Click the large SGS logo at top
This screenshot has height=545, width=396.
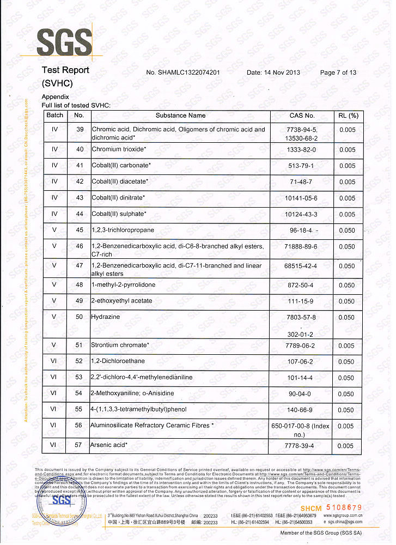[x=64, y=42]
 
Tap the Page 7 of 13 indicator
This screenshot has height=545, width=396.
[x=338, y=72]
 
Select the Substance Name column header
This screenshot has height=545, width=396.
[x=180, y=116]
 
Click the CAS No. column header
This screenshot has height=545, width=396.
[x=302, y=116]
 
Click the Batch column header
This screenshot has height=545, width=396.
[x=54, y=116]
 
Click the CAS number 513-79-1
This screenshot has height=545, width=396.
[x=302, y=166]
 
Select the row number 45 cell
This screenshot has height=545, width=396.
[x=80, y=231]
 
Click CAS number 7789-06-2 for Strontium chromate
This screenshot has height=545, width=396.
[x=302, y=346]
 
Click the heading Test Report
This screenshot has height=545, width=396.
[x=65, y=70]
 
